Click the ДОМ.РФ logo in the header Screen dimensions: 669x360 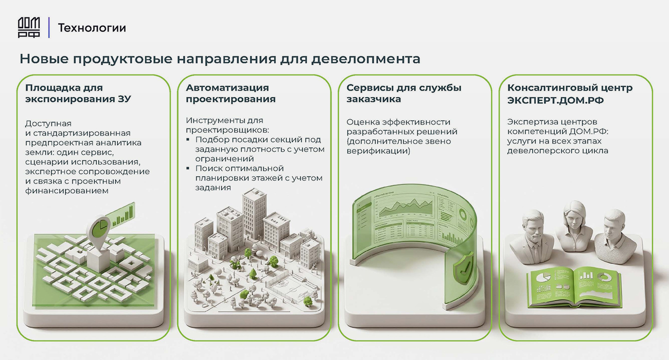[x=29, y=27]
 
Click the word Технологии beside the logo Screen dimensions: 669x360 [x=92, y=28]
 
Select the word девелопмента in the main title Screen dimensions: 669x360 [x=366, y=59]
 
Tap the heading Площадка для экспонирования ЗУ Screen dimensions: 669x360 [x=78, y=93]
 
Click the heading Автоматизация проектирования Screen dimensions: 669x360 [x=231, y=93]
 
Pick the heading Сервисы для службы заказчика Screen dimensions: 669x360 [x=404, y=93]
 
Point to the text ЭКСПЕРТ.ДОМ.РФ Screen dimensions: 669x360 [x=555, y=100]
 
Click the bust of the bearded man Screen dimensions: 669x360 [x=533, y=237]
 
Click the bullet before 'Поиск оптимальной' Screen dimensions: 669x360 [x=188, y=168]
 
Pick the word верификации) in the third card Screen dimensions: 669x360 [x=378, y=151]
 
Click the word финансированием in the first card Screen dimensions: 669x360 [x=66, y=191]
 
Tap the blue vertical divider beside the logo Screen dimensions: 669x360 [x=49, y=27]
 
